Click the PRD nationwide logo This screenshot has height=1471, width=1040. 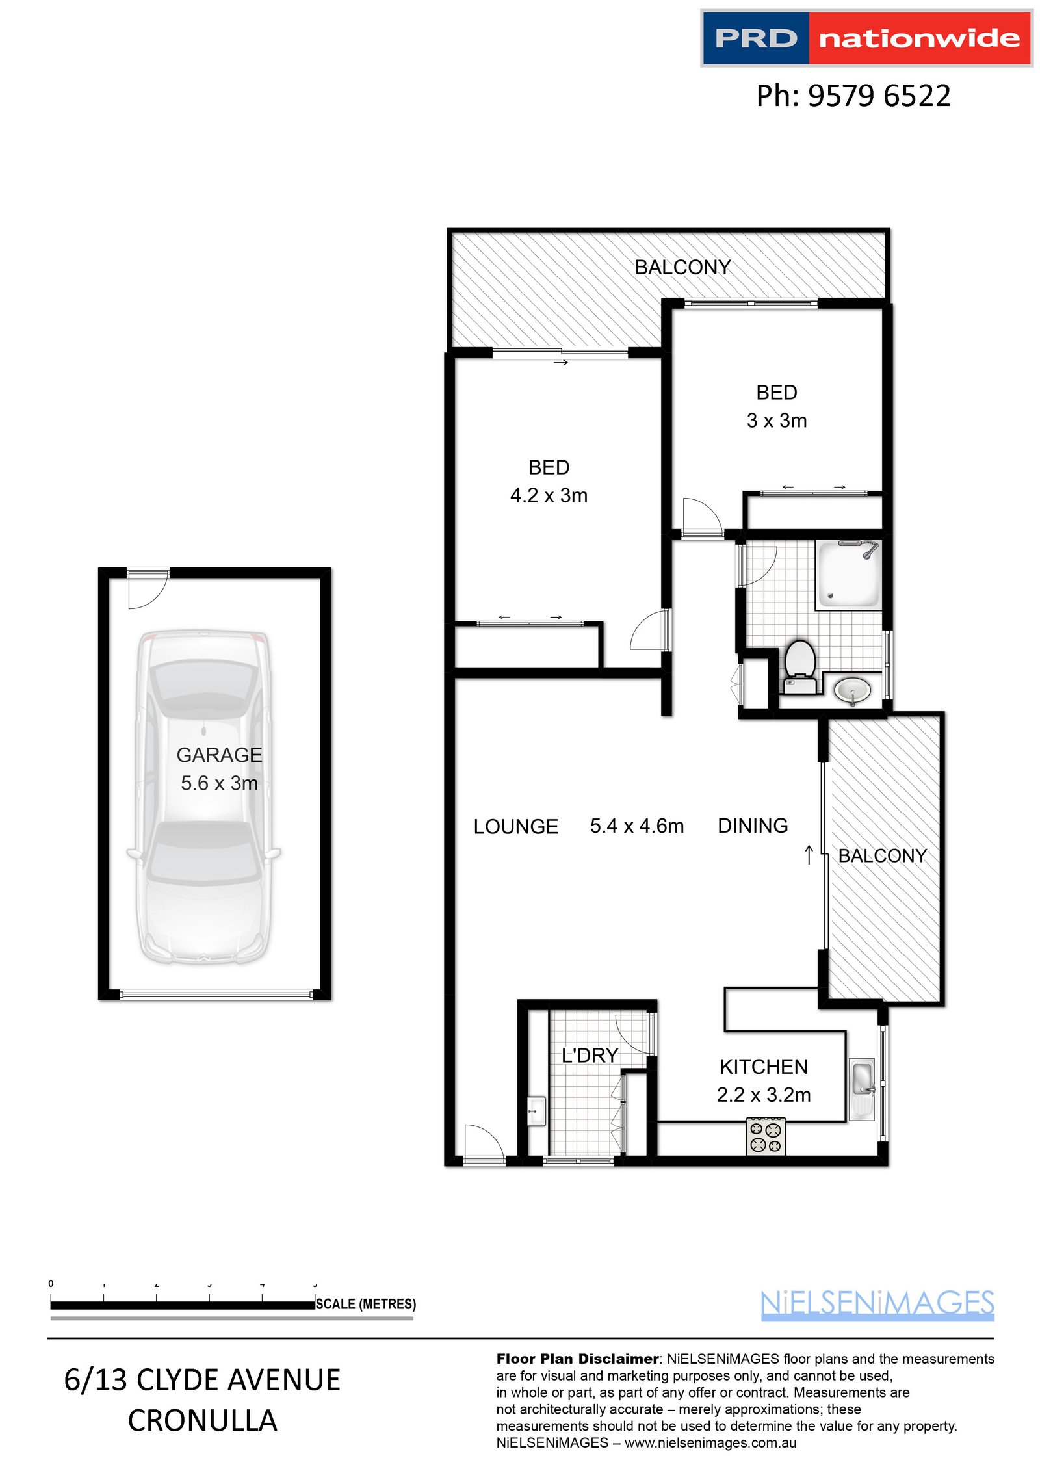point(866,38)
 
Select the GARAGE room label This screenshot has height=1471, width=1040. point(219,755)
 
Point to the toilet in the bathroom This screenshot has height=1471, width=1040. point(800,664)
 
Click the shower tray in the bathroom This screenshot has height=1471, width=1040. point(848,575)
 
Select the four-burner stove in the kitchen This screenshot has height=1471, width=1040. point(765,1136)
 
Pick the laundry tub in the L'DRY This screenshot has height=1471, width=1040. point(536,1111)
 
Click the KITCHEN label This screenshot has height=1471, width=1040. point(763,1067)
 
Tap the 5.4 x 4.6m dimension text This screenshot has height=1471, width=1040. point(636,826)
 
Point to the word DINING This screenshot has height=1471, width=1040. point(752,826)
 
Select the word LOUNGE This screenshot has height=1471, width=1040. point(515,827)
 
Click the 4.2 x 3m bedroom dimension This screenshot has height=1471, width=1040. point(549,495)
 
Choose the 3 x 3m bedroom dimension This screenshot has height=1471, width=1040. point(776,421)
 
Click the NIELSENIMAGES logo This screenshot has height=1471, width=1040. point(877,1303)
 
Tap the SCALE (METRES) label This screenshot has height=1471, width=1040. point(365,1304)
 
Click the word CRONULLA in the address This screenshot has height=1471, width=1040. point(202,1421)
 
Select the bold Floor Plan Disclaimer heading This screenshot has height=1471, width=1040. point(577,1359)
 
